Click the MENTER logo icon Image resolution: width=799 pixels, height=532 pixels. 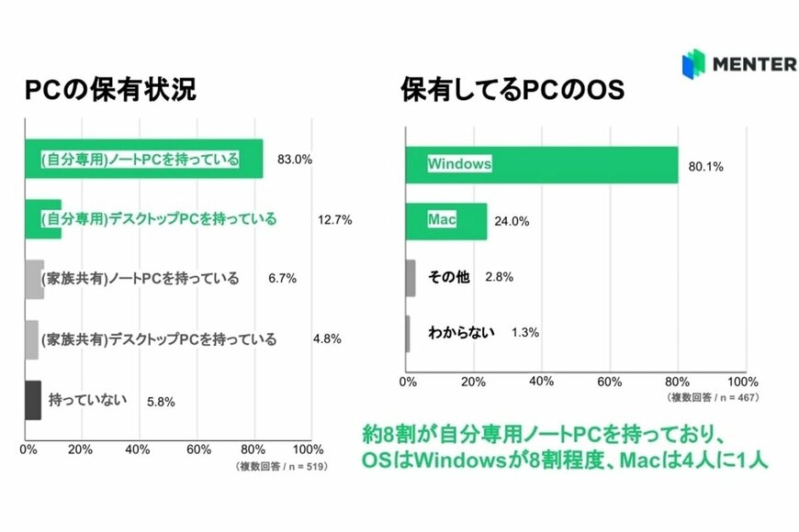[x=695, y=64]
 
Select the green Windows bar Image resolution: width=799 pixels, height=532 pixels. [x=542, y=165]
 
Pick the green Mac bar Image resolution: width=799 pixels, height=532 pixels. [x=446, y=221]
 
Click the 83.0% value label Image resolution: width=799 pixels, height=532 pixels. [x=294, y=160]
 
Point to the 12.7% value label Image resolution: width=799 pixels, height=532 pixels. [x=337, y=220]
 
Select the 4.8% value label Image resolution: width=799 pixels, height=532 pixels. [x=327, y=338]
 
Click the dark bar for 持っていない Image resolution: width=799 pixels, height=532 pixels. [x=32, y=400]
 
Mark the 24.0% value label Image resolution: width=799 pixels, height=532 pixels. [x=515, y=221]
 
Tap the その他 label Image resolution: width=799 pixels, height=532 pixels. [x=449, y=276]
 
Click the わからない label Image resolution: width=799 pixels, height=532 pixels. [x=461, y=331]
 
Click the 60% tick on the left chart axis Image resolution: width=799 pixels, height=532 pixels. [x=198, y=450]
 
